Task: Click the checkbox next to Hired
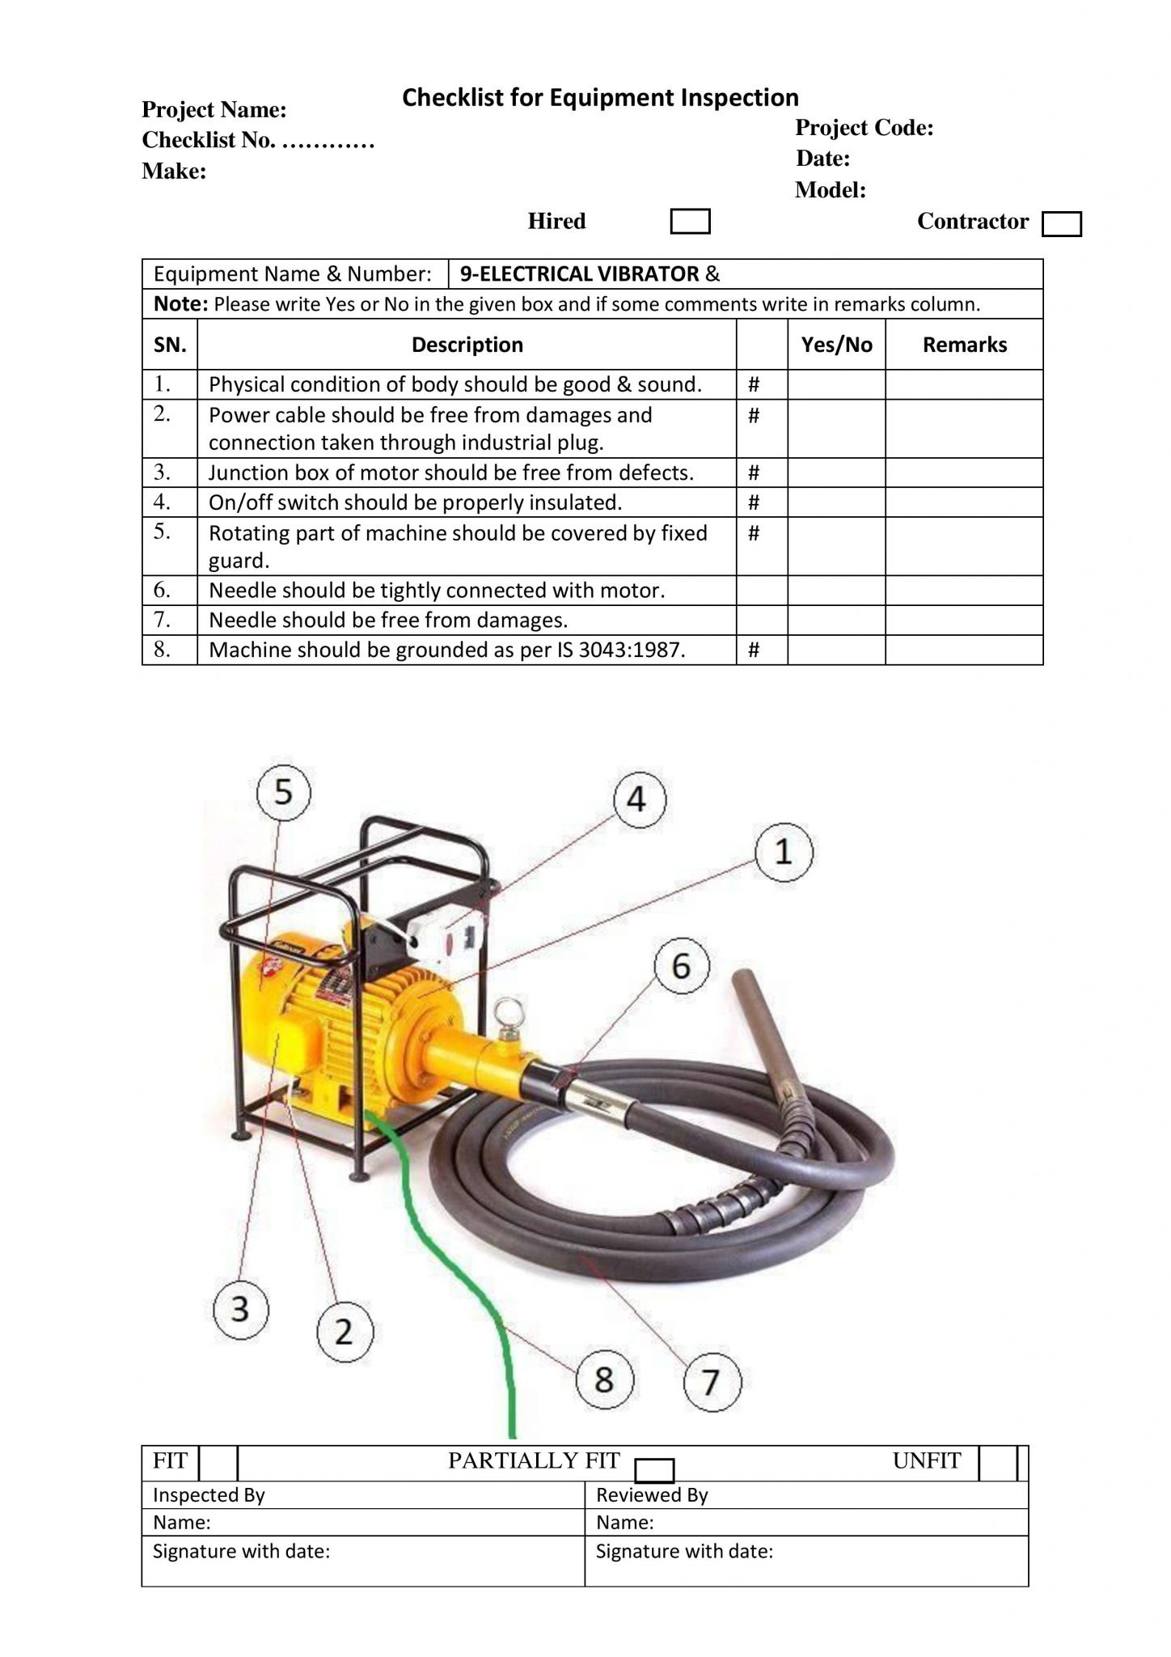pyautogui.click(x=690, y=222)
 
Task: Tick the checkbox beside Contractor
pyautogui.click(x=1061, y=224)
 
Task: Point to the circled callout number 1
pyautogui.click(x=784, y=852)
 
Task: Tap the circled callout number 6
pyautogui.click(x=681, y=965)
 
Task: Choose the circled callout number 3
pyautogui.click(x=240, y=1308)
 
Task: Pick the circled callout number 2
pyautogui.click(x=344, y=1331)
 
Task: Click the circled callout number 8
pyautogui.click(x=604, y=1379)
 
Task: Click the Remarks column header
pyautogui.click(x=964, y=345)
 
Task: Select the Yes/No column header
pyautogui.click(x=836, y=345)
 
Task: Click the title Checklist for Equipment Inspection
pyautogui.click(x=600, y=98)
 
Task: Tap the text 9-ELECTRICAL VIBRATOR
pyautogui.click(x=579, y=274)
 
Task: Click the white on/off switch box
pyautogui.click(x=447, y=936)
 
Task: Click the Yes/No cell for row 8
pyautogui.click(x=836, y=650)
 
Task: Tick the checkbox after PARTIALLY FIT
pyautogui.click(x=654, y=1470)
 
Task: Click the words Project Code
pyautogui.click(x=865, y=128)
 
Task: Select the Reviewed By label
pyautogui.click(x=652, y=1495)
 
